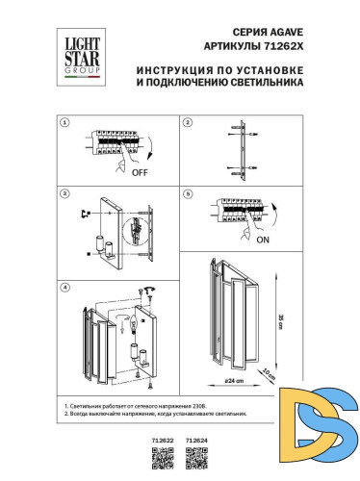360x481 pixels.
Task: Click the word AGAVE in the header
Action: pos(275,31)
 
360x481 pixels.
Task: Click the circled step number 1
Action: pos(64,124)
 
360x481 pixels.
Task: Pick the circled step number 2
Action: pos(189,124)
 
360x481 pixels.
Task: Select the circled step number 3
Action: pos(64,193)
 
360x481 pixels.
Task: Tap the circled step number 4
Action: pos(64,287)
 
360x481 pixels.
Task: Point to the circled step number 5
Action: pos(189,193)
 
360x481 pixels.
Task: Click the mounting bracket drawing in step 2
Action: pos(241,152)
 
